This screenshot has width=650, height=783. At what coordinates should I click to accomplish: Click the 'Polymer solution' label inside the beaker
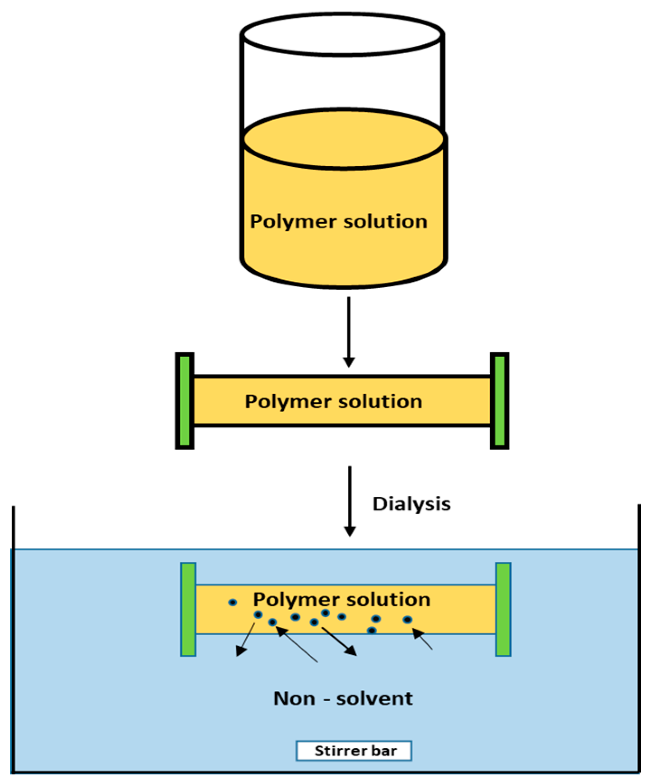[338, 222]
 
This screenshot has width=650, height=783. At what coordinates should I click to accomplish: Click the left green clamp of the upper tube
[184, 401]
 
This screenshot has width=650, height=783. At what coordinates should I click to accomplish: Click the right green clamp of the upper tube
[500, 401]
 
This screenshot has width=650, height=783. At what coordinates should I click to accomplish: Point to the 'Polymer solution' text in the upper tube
[333, 401]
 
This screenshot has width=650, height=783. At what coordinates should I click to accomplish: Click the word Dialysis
[411, 504]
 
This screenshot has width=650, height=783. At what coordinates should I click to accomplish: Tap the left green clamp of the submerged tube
[188, 609]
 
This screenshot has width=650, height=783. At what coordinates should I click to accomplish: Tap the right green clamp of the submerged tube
[503, 609]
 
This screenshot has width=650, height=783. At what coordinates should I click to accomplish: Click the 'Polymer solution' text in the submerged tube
[341, 600]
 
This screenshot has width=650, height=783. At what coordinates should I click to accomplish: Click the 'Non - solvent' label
[343, 699]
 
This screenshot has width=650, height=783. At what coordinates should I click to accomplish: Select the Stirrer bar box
[354, 751]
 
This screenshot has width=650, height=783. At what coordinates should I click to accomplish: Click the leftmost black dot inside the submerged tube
[233, 602]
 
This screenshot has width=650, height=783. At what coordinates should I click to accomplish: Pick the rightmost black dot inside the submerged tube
[407, 620]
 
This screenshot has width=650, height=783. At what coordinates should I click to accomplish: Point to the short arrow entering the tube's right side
[423, 639]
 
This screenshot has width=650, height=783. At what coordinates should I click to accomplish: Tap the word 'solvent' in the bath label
[374, 699]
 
